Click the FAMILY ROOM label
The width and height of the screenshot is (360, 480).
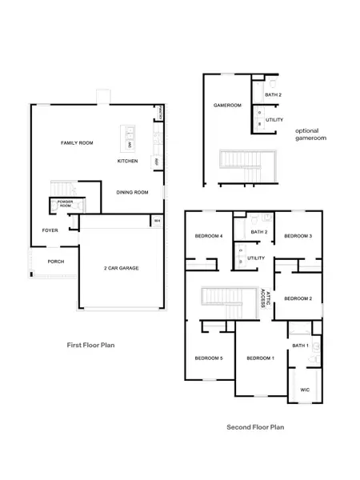click(78, 142)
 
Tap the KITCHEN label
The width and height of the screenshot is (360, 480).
click(127, 161)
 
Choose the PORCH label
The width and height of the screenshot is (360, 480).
click(55, 262)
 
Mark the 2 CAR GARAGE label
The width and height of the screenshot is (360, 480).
click(121, 268)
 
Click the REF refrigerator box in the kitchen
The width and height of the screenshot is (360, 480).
click(157, 161)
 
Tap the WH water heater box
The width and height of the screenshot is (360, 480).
click(157, 221)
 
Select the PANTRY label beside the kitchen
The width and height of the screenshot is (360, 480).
click(162, 112)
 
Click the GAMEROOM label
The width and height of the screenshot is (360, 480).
click(227, 106)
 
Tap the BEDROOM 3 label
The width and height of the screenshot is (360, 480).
click(298, 236)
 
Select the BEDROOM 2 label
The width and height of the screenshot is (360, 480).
click(298, 298)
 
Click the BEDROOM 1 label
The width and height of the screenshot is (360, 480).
click(260, 357)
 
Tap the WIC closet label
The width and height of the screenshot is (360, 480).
click(304, 390)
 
